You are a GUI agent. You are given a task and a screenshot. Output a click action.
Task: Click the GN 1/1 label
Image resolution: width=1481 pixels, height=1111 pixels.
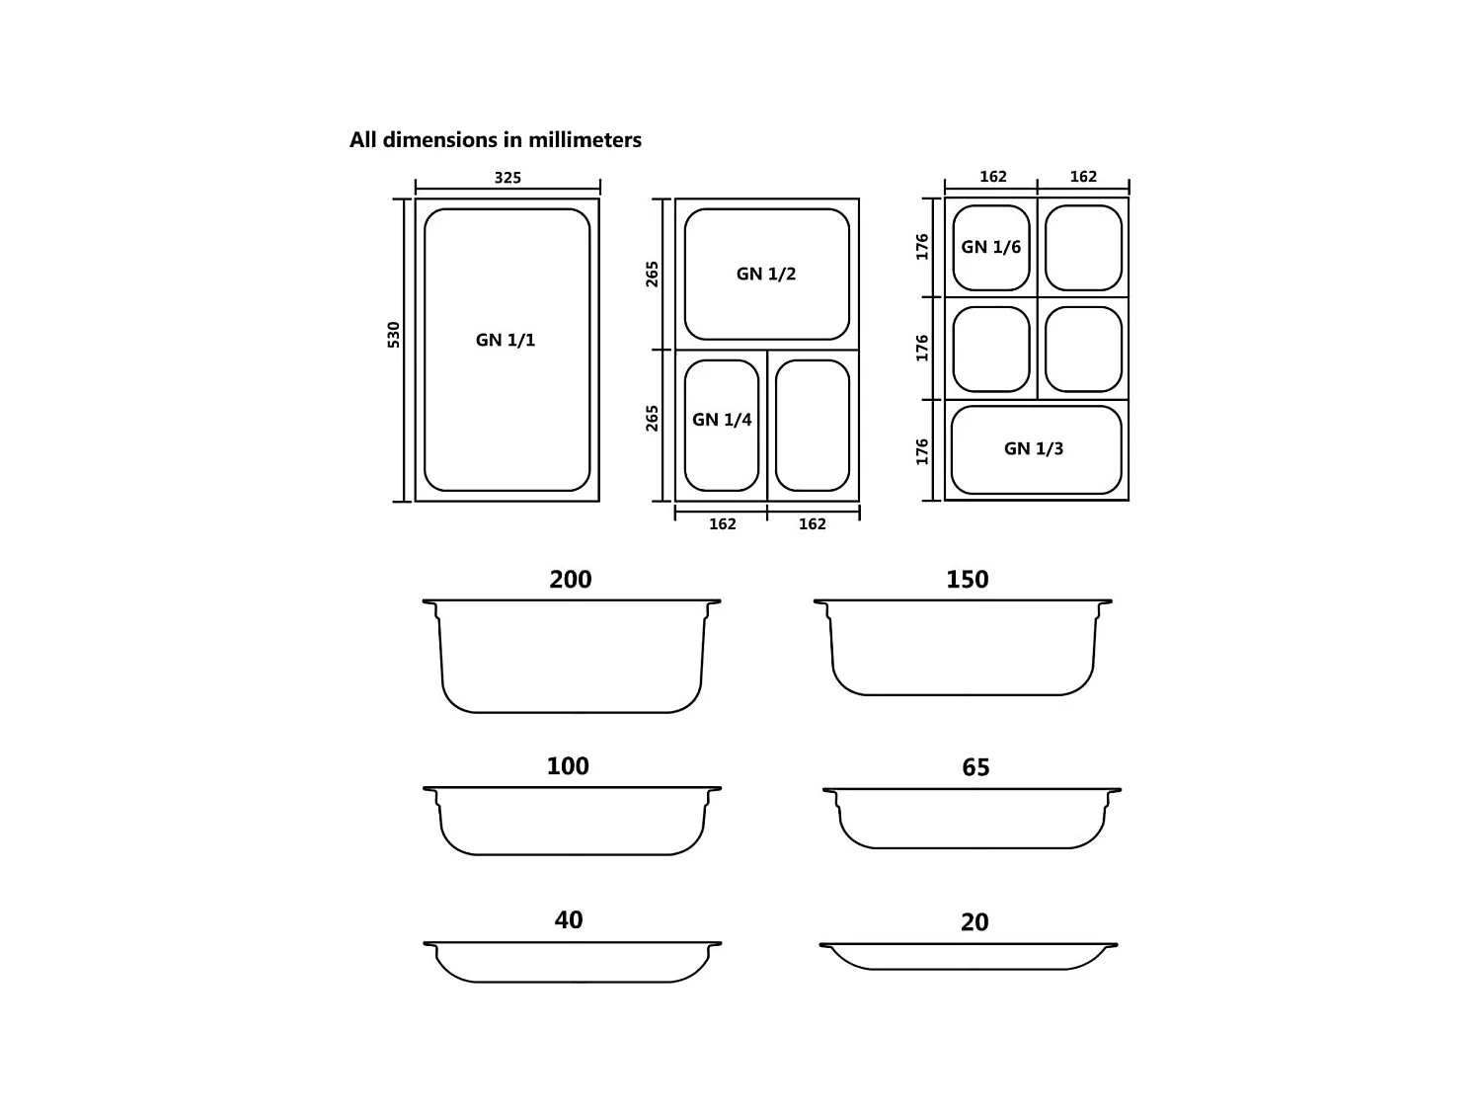[505, 340]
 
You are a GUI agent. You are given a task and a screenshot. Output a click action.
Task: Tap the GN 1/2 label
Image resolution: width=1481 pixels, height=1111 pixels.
[766, 274]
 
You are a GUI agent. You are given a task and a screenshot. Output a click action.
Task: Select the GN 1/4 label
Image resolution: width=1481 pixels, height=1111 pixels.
[722, 420]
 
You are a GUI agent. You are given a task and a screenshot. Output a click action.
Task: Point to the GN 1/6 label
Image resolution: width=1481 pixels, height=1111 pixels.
[990, 247]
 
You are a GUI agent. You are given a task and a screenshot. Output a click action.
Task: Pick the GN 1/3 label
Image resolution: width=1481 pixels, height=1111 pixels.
[1033, 448]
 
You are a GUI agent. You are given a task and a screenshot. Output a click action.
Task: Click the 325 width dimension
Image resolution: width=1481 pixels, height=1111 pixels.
[507, 178]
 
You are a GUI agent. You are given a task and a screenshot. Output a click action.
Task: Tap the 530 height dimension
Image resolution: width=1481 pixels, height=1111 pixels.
[393, 335]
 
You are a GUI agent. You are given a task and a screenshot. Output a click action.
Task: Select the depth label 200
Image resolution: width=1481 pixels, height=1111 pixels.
[570, 580]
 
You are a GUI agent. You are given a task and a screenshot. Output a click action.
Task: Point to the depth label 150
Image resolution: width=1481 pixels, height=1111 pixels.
[967, 580]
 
